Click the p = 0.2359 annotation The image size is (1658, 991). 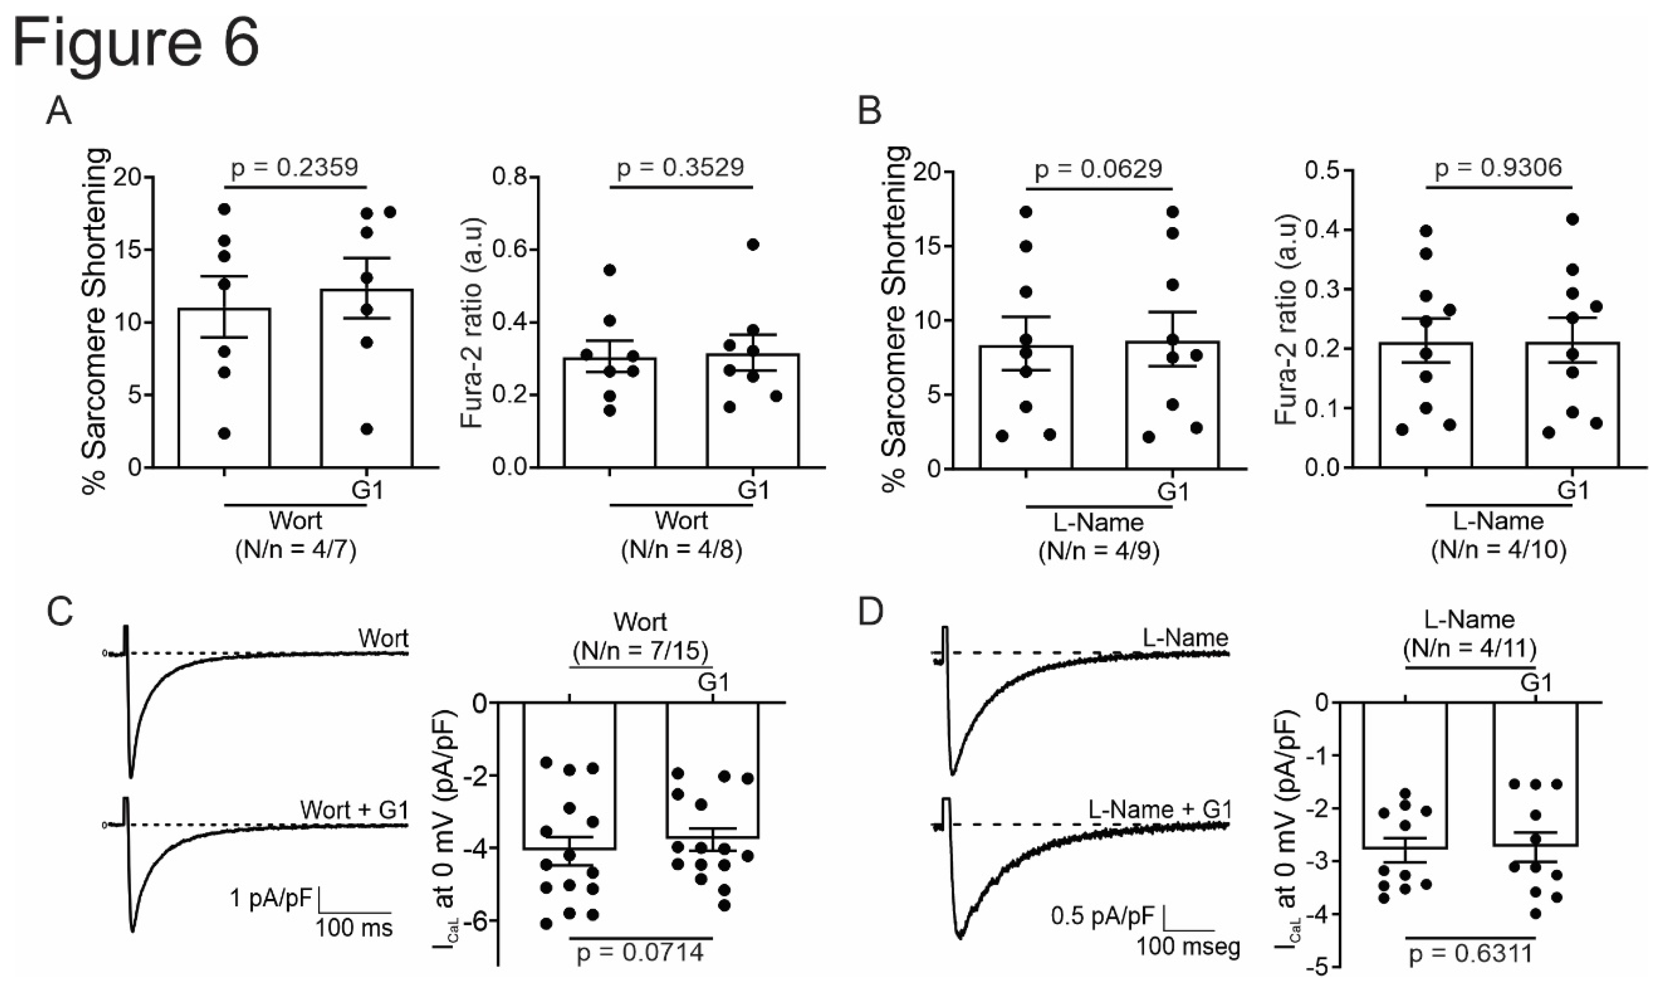click(x=295, y=168)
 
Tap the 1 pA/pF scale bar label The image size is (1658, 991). click(x=270, y=899)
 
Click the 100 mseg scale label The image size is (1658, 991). click(x=1189, y=946)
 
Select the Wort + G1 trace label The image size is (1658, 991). click(x=354, y=810)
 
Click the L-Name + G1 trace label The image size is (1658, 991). click(x=1160, y=810)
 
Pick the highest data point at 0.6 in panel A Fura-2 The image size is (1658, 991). click(x=753, y=245)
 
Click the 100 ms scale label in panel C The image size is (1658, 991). click(x=354, y=927)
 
